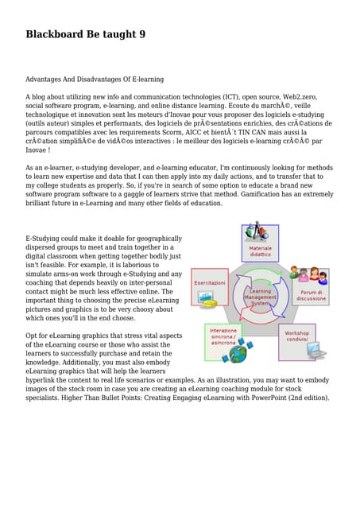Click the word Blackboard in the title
coord(56,34)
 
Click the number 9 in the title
coord(141,34)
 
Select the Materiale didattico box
coord(260,251)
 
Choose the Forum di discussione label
coord(311,295)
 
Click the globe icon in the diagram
coord(237,353)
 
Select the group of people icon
coord(308,275)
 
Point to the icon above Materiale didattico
coord(257,233)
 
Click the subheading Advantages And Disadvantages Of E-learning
coord(95,80)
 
